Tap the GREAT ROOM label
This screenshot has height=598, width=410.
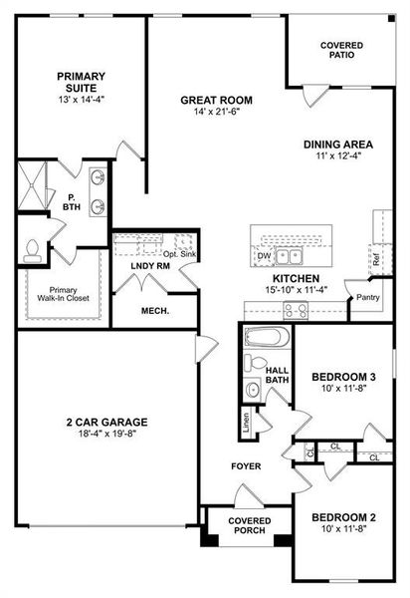(x=215, y=100)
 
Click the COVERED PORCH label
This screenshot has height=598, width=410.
(x=248, y=526)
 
